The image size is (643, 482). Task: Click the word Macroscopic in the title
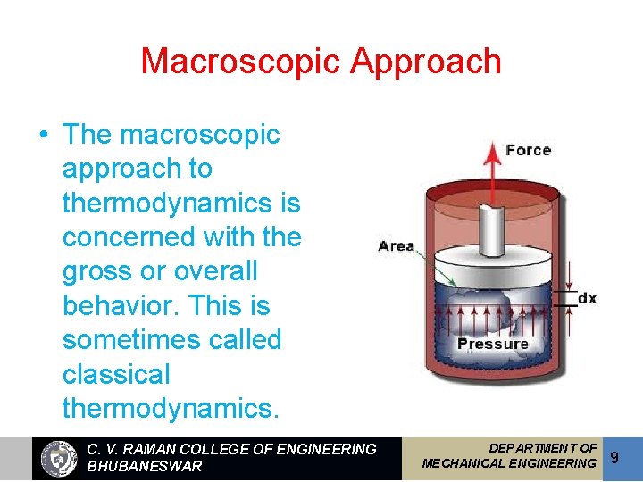point(241,62)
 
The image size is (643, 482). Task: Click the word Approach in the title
point(426,62)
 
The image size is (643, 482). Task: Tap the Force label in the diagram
point(528,150)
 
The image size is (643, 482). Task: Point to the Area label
point(397,245)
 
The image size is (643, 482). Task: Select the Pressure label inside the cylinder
point(493,344)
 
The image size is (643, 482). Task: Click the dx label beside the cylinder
point(587,298)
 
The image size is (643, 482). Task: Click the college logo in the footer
point(60,459)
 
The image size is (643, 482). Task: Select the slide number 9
point(614,458)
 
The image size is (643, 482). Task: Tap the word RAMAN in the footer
point(151,449)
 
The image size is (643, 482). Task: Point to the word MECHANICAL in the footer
point(465,463)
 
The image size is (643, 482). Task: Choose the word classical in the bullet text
point(115,374)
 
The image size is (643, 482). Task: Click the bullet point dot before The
point(43,136)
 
